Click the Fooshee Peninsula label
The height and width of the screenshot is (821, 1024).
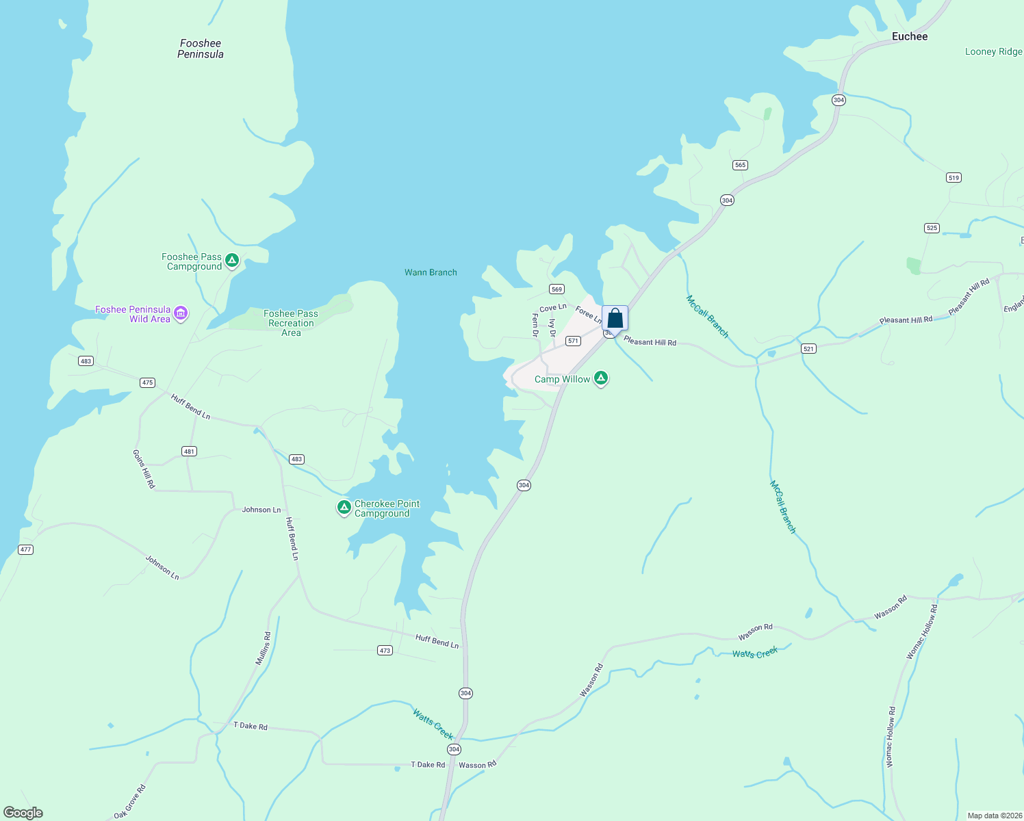tap(201, 49)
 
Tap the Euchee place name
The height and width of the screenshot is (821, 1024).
tap(910, 36)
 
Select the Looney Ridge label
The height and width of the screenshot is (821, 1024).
tap(993, 51)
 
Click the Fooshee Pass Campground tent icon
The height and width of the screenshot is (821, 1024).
tap(232, 260)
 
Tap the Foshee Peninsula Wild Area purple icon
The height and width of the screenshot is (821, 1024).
tap(181, 313)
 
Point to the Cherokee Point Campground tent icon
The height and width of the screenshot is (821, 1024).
tap(344, 507)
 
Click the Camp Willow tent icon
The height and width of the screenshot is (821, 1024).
tap(600, 378)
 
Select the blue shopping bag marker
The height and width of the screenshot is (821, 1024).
tap(615, 318)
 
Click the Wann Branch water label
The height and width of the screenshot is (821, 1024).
tap(431, 272)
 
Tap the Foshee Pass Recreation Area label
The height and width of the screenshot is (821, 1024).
tap(291, 323)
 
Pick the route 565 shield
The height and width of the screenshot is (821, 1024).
tap(740, 165)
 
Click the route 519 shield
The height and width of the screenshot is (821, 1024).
tap(953, 178)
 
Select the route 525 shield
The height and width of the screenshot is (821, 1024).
tap(932, 228)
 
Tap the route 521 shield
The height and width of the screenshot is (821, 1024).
tap(808, 349)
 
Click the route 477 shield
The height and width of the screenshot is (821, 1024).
tap(25, 549)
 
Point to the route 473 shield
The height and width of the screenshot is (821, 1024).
tap(385, 651)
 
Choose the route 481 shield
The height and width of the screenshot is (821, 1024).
tap(190, 452)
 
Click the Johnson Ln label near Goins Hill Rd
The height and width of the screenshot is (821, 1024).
tap(261, 510)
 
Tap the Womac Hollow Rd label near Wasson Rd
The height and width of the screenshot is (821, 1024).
tap(921, 632)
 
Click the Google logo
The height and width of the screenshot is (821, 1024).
tap(23, 813)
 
